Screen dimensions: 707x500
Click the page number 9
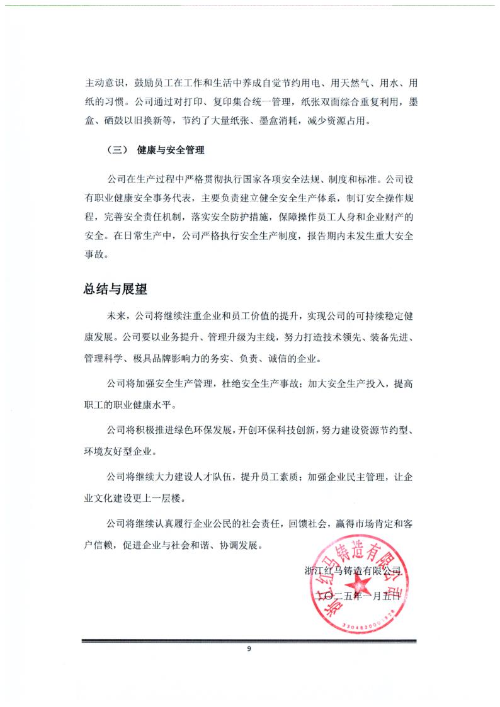(x=249, y=649)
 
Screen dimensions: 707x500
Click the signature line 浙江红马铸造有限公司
(x=352, y=571)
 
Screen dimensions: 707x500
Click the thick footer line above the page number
(x=249, y=641)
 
